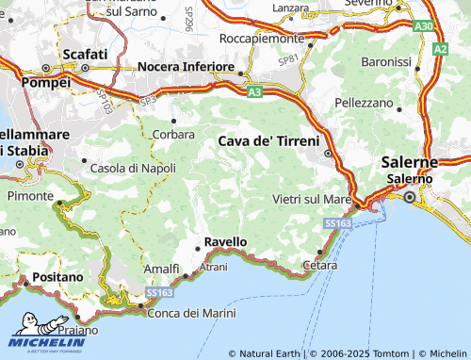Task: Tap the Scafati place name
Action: tap(85, 54)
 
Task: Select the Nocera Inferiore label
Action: tap(186, 67)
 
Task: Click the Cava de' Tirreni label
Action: tap(268, 140)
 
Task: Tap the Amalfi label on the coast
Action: tap(161, 270)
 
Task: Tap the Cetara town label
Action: tap(320, 267)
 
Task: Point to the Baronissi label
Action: tap(386, 61)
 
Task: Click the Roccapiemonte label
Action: tap(260, 39)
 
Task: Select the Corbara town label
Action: tap(173, 134)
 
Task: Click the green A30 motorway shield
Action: tap(423, 27)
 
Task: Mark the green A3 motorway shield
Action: tap(255, 92)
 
